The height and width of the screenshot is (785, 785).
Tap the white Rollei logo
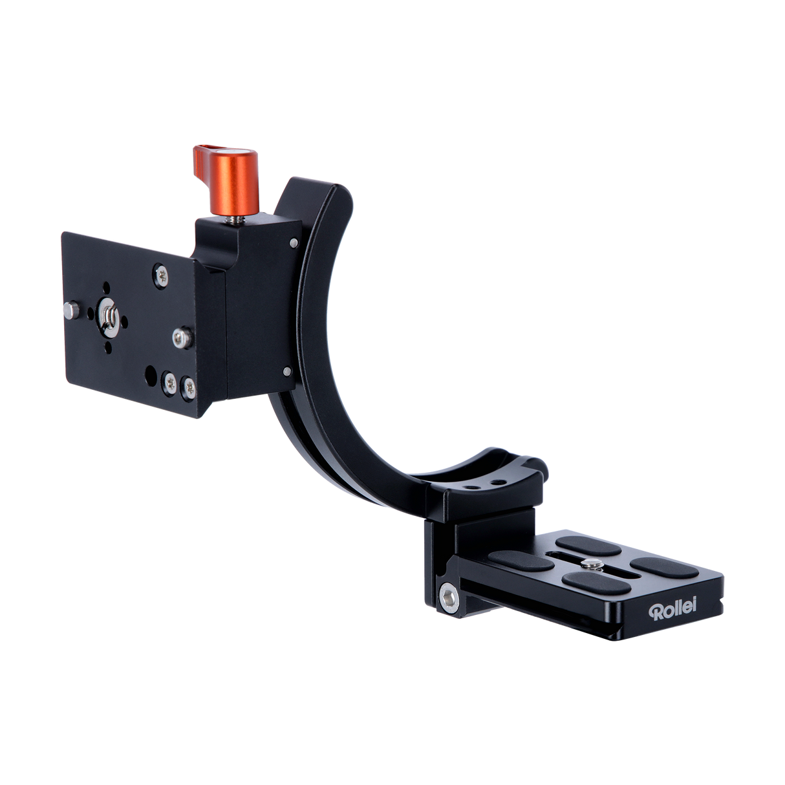click(x=673, y=610)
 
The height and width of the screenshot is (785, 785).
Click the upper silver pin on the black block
click(x=294, y=242)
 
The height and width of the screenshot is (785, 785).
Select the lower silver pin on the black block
click(x=286, y=371)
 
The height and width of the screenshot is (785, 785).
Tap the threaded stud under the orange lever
click(x=230, y=219)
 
